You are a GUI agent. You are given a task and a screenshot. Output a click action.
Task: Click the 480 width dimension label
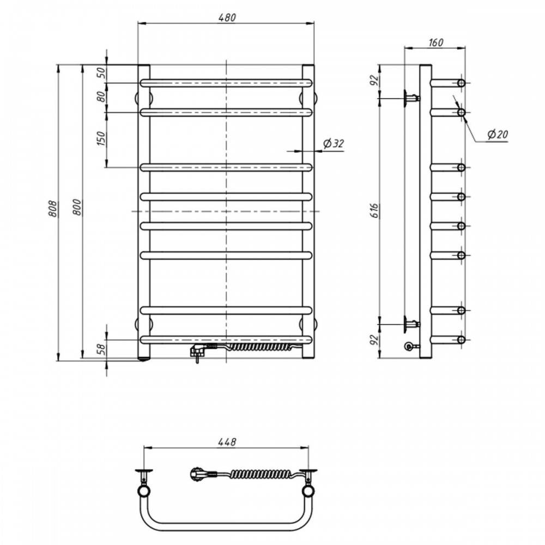(x=227, y=17)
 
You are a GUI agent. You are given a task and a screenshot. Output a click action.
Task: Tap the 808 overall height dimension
(x=52, y=208)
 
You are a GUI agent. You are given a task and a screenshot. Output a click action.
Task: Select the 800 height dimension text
(x=77, y=207)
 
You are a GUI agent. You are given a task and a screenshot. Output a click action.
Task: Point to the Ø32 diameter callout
(x=334, y=143)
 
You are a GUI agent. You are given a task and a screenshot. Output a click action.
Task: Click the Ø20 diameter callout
(x=498, y=134)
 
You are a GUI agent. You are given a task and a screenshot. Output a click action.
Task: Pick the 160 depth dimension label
(x=435, y=43)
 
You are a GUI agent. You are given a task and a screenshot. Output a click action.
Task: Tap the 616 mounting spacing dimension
(x=374, y=211)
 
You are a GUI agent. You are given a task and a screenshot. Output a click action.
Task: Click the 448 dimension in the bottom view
(x=227, y=442)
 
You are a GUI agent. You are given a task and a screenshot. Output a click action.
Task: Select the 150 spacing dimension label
(x=101, y=138)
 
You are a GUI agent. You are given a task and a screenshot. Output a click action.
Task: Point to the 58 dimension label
(x=101, y=349)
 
